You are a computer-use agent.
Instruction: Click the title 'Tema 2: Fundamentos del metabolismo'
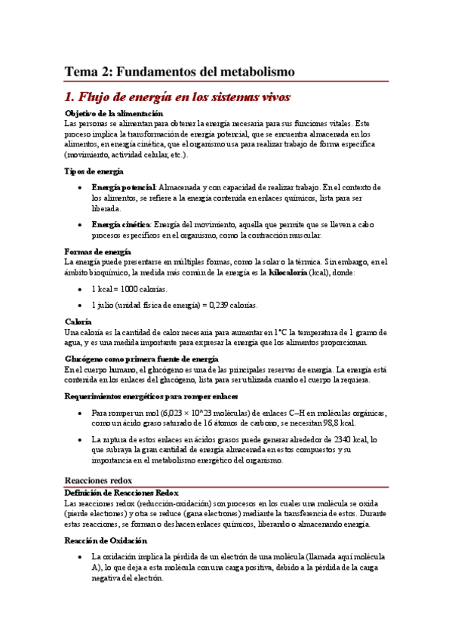pyautogui.click(x=179, y=72)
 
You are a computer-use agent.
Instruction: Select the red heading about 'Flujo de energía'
pyautogui.click(x=177, y=97)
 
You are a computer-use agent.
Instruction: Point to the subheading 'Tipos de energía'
pyautogui.click(x=94, y=171)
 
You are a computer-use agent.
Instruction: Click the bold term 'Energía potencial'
pyautogui.click(x=123, y=186)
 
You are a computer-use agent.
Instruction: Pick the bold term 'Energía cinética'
pyautogui.click(x=120, y=224)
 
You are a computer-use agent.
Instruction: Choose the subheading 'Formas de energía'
pyautogui.click(x=98, y=251)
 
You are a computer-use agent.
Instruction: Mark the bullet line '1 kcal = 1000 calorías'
pyautogui.click(x=130, y=289)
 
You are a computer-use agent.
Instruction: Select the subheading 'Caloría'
pyautogui.click(x=78, y=322)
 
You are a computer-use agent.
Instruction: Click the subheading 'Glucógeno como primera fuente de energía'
pyautogui.click(x=142, y=359)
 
